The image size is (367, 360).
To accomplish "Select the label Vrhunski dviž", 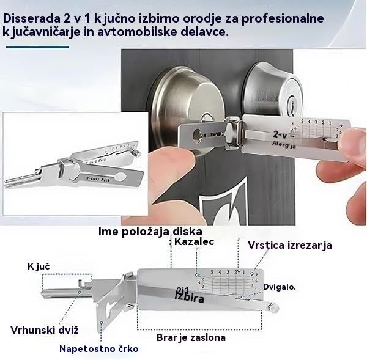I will point(45,331).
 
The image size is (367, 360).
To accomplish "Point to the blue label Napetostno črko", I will point(98,349).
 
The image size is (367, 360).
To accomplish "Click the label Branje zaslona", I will point(191,337).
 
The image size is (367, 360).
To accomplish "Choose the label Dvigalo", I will point(280,286).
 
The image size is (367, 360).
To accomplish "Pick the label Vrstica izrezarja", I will point(290,245).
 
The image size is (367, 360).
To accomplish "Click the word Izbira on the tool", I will point(189,298).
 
